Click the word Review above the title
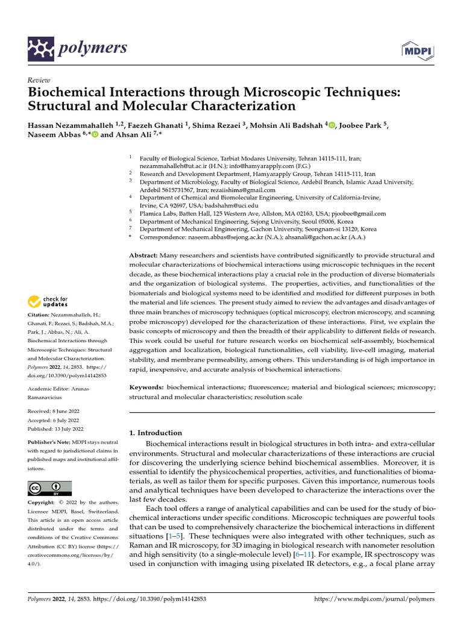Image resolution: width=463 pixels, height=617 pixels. [x=39, y=80]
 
